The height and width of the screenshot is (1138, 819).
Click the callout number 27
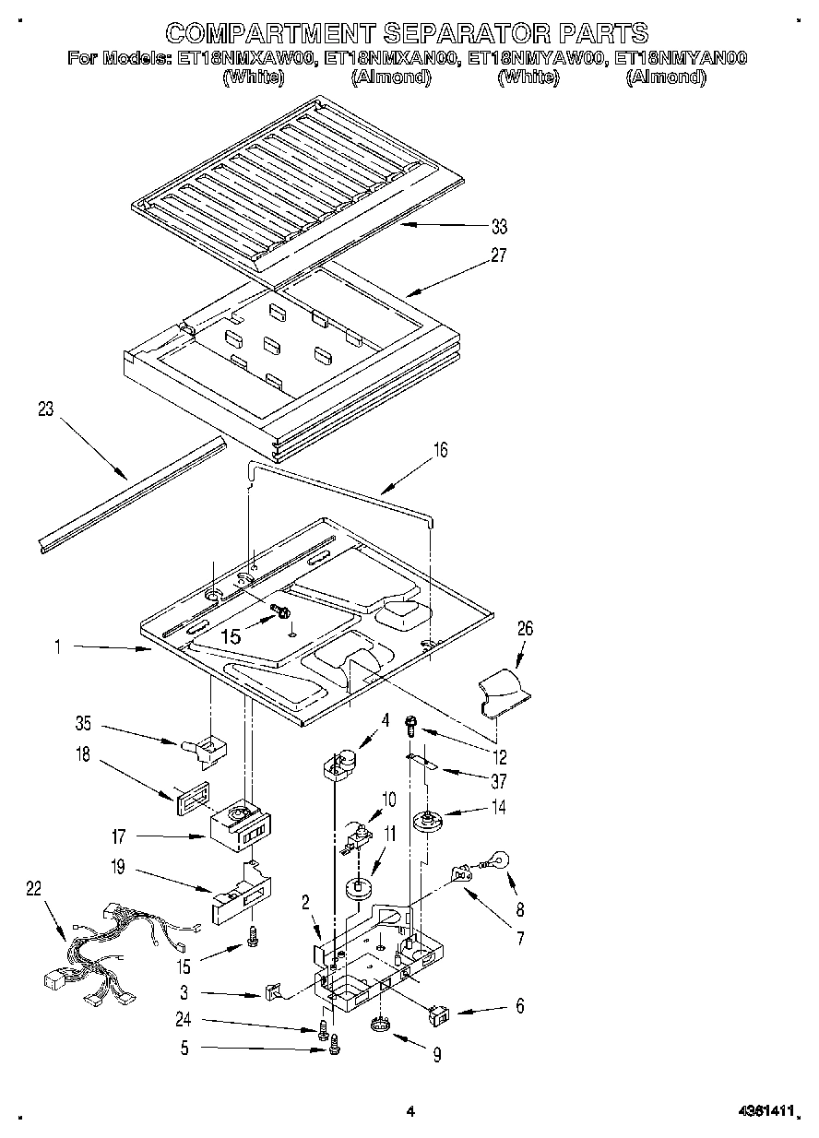coord(499,255)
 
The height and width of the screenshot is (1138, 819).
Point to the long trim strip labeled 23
coord(132,495)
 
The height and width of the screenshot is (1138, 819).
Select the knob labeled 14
coord(427,819)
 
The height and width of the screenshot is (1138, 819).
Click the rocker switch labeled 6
coord(439,1015)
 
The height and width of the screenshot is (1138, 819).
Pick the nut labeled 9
coord(380,1025)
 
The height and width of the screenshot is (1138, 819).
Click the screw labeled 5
coord(335,1045)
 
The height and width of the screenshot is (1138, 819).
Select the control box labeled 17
coord(239,827)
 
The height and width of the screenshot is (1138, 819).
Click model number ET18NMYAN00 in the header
coord(680,58)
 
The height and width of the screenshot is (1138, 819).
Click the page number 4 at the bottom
coord(409,1113)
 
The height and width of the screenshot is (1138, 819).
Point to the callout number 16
coord(440,450)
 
